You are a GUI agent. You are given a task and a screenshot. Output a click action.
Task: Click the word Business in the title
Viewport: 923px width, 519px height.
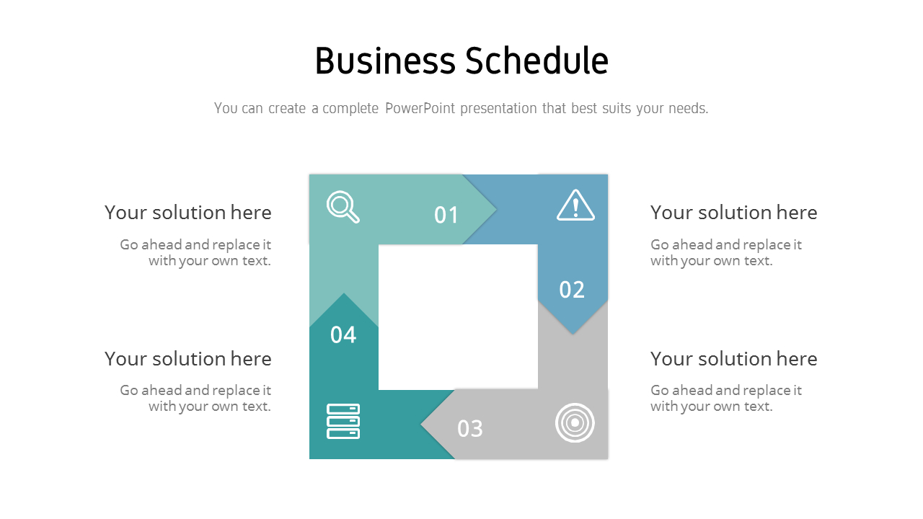(x=385, y=61)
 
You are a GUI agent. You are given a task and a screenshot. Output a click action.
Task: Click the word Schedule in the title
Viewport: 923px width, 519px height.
(x=536, y=61)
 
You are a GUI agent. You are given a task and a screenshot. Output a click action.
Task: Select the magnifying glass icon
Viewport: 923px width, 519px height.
(x=343, y=207)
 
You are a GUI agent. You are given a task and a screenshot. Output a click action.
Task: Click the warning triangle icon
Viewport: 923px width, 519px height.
(x=575, y=205)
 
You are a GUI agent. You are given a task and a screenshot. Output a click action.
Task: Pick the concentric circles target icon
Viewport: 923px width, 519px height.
(x=575, y=423)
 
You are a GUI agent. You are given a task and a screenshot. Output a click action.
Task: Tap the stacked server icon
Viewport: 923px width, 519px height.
(x=343, y=422)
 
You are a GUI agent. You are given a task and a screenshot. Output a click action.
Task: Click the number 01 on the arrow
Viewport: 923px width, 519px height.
(x=446, y=215)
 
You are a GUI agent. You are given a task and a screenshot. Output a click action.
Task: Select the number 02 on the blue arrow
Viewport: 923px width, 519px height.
(x=572, y=290)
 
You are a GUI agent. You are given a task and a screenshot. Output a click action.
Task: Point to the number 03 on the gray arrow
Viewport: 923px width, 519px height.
(x=470, y=429)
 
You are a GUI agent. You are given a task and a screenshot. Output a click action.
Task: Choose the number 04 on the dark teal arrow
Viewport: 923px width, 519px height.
(x=343, y=334)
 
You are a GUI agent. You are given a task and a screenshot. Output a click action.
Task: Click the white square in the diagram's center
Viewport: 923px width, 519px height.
(x=458, y=317)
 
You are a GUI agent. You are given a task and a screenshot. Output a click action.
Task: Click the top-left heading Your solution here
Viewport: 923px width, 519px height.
(x=188, y=213)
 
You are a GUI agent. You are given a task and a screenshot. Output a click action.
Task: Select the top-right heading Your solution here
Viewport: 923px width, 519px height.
(x=733, y=213)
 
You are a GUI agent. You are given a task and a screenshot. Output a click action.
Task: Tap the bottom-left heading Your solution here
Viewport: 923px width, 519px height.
(x=188, y=359)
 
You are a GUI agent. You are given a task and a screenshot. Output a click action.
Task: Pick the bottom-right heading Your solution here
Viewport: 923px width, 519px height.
(x=733, y=359)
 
